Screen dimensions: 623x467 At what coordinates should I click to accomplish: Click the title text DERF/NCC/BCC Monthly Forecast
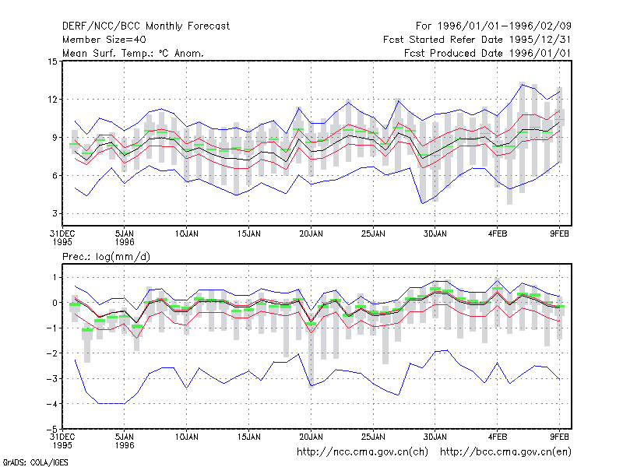coord(146,26)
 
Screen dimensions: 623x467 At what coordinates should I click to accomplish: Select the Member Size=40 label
coord(104,40)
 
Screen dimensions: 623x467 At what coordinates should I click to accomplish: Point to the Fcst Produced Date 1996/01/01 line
coord(487,53)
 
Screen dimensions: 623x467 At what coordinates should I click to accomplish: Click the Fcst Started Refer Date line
coord(477,40)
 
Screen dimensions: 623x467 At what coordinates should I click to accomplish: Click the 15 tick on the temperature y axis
coord(52,61)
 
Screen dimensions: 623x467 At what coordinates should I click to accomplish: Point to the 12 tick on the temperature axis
coord(52,100)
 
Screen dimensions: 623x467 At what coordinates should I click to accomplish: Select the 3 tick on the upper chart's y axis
coord(55,213)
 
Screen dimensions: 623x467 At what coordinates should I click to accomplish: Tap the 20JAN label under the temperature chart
coord(311,234)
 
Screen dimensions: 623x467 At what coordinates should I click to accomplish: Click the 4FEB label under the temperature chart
coord(498,234)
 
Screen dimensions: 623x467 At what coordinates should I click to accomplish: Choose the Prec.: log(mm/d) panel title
coord(106,257)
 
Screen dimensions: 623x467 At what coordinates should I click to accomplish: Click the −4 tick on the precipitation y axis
coord(52,404)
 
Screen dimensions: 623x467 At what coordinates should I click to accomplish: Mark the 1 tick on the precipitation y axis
coord(55,278)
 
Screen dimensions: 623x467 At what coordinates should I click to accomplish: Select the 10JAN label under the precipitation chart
coord(187,437)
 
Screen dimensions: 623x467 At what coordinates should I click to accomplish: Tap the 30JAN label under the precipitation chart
coord(435,437)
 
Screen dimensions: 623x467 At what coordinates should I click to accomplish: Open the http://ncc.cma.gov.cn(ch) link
coord(362,452)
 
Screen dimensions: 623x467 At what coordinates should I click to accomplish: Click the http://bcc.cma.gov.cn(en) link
coord(505,452)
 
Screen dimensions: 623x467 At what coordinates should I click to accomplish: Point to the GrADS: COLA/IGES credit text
coord(35,462)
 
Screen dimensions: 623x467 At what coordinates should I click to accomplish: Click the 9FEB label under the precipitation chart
coord(559,437)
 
